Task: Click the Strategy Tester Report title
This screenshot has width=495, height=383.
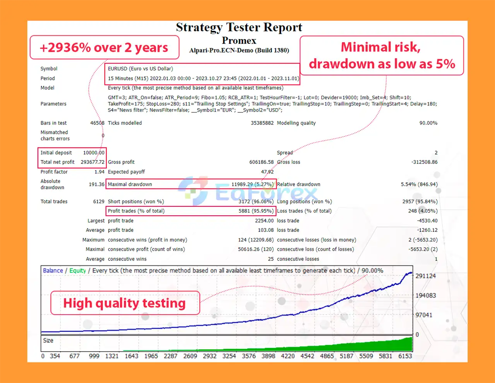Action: (x=239, y=27)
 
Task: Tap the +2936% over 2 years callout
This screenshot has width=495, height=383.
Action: (x=104, y=47)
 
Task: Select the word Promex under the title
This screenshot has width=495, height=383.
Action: (x=239, y=40)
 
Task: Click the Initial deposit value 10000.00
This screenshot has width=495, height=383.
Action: (x=94, y=153)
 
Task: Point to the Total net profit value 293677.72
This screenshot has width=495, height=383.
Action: (x=92, y=162)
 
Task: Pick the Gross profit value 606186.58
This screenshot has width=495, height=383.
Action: (x=261, y=162)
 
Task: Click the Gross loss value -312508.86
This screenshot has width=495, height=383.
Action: (x=424, y=162)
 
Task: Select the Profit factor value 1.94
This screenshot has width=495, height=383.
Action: (x=99, y=172)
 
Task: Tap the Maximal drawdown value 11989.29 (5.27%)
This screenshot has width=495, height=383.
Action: (x=253, y=184)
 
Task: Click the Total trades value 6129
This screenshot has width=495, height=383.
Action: (x=99, y=202)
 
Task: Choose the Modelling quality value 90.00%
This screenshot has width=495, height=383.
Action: (x=428, y=123)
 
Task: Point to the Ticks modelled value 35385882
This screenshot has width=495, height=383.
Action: (x=262, y=123)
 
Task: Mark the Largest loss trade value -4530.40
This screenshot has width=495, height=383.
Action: (x=427, y=221)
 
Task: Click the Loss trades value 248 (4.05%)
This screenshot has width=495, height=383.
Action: (x=423, y=211)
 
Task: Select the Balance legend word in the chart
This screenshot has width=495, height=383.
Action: (x=53, y=271)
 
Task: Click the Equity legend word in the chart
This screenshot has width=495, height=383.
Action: (x=77, y=271)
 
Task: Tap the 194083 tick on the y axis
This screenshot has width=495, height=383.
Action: (x=425, y=295)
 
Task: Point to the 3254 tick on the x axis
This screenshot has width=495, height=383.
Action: (x=229, y=356)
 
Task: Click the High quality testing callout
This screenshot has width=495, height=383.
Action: (x=125, y=303)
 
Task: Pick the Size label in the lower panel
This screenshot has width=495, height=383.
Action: (x=48, y=340)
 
